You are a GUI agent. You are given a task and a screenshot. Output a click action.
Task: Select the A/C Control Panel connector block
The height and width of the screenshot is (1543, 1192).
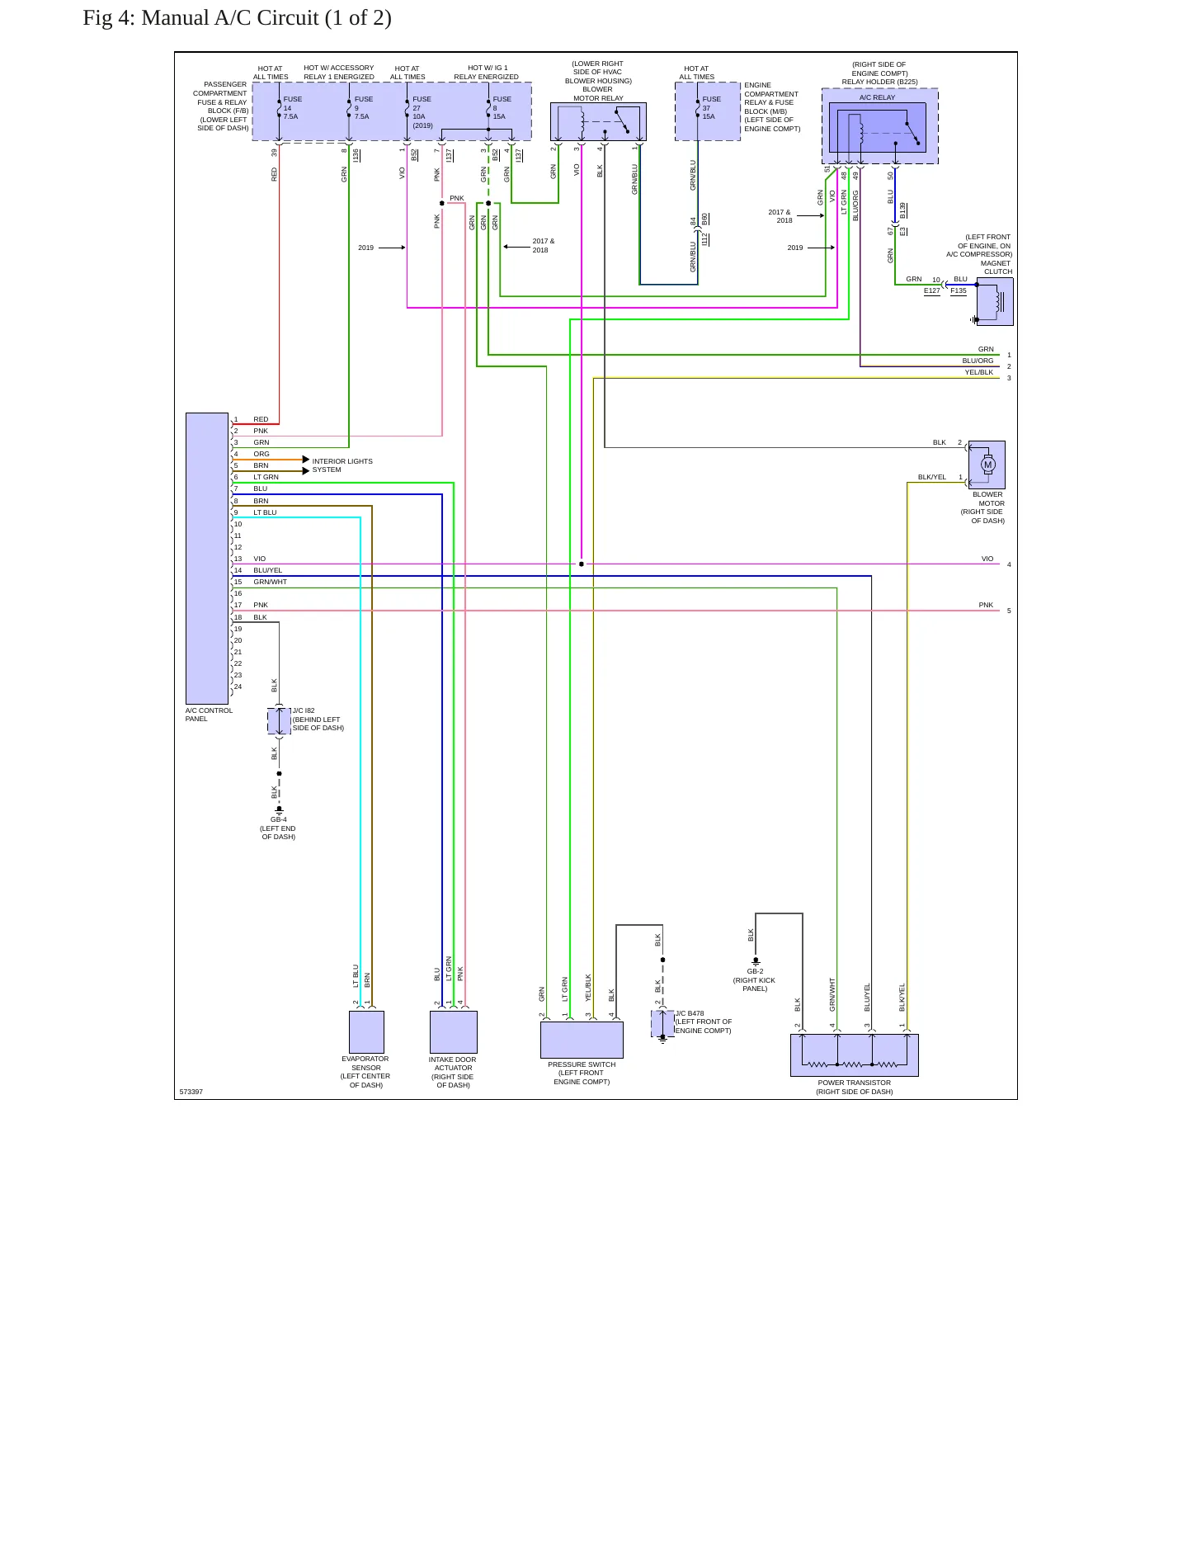click(207, 558)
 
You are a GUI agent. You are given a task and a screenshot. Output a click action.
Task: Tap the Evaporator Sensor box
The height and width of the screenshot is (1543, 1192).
click(366, 1031)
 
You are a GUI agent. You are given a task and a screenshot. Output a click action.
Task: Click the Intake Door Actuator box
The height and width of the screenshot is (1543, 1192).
click(454, 1032)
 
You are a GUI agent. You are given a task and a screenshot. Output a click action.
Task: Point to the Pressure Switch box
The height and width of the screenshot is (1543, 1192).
click(582, 1040)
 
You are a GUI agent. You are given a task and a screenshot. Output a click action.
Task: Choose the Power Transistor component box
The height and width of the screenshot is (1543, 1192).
click(855, 1055)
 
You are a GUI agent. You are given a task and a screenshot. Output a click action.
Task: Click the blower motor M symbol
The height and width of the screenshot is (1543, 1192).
click(987, 465)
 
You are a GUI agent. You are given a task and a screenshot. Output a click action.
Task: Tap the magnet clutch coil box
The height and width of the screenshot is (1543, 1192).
click(995, 301)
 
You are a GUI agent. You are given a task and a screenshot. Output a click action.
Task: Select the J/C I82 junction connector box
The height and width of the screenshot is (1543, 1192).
click(279, 720)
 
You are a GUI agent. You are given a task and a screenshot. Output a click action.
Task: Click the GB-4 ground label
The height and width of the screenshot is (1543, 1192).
click(279, 820)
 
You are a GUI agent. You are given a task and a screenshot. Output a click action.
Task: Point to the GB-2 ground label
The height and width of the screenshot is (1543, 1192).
click(755, 971)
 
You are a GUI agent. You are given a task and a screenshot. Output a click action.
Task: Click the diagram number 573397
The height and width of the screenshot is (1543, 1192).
click(191, 1092)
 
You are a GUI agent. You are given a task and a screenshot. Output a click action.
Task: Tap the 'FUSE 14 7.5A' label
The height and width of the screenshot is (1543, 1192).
click(292, 108)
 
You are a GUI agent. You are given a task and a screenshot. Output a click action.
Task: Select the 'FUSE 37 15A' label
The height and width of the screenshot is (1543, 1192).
click(711, 108)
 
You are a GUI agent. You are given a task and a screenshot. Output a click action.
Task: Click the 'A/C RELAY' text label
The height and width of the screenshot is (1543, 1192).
click(877, 97)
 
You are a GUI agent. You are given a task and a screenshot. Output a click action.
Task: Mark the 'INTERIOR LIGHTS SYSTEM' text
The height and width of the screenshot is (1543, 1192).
click(342, 465)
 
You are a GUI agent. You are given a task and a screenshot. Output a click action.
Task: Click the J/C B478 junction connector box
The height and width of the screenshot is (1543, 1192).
click(662, 1023)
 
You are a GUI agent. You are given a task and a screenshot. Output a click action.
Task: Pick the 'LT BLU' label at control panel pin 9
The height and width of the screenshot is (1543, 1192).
click(265, 512)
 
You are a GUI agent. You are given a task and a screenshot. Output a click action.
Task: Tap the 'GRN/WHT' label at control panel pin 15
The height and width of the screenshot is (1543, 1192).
click(271, 582)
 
